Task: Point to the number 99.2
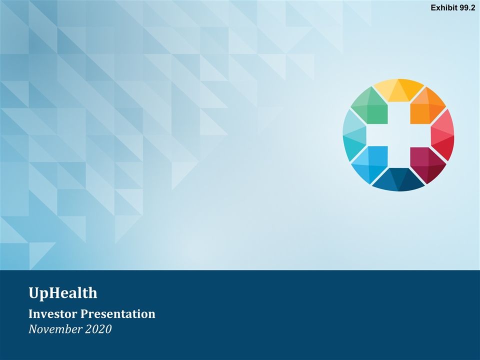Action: point(466,7)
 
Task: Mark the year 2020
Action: point(98,329)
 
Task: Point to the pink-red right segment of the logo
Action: point(442,134)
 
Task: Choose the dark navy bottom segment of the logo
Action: point(398,180)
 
